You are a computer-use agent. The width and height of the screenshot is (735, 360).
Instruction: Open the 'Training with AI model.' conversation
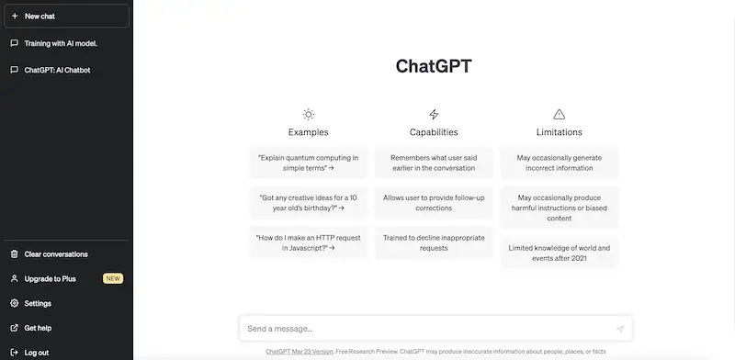[x=61, y=43]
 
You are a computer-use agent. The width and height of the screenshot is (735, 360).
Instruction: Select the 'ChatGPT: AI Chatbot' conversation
[x=57, y=70]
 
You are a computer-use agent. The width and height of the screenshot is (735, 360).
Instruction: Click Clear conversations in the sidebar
[x=55, y=254]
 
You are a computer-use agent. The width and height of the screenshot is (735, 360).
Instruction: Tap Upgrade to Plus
[x=50, y=278]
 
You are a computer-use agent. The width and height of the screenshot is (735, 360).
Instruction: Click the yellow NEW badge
[x=113, y=278]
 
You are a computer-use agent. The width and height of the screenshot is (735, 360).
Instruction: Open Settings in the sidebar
[x=38, y=303]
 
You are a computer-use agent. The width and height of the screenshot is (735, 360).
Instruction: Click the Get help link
[x=38, y=328]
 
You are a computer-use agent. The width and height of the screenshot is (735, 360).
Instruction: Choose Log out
[x=37, y=352]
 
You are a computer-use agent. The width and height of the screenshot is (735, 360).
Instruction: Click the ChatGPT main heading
[x=433, y=66]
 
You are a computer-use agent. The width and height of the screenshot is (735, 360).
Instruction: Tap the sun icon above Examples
[x=308, y=115]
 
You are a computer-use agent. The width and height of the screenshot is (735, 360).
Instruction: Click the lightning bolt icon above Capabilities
[x=434, y=115]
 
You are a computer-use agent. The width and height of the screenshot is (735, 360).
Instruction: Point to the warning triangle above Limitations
[x=559, y=115]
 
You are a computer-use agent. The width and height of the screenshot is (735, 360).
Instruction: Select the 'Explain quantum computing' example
[x=308, y=163]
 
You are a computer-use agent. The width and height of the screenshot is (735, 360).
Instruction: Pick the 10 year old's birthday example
[x=308, y=202]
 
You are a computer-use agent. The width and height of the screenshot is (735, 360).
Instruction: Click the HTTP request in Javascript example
[x=308, y=242]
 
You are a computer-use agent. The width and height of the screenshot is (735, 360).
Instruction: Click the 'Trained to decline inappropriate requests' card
[x=434, y=242]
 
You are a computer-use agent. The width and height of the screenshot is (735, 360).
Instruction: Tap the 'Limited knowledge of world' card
[x=559, y=253]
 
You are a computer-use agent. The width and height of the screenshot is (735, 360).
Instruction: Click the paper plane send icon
[x=619, y=329]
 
